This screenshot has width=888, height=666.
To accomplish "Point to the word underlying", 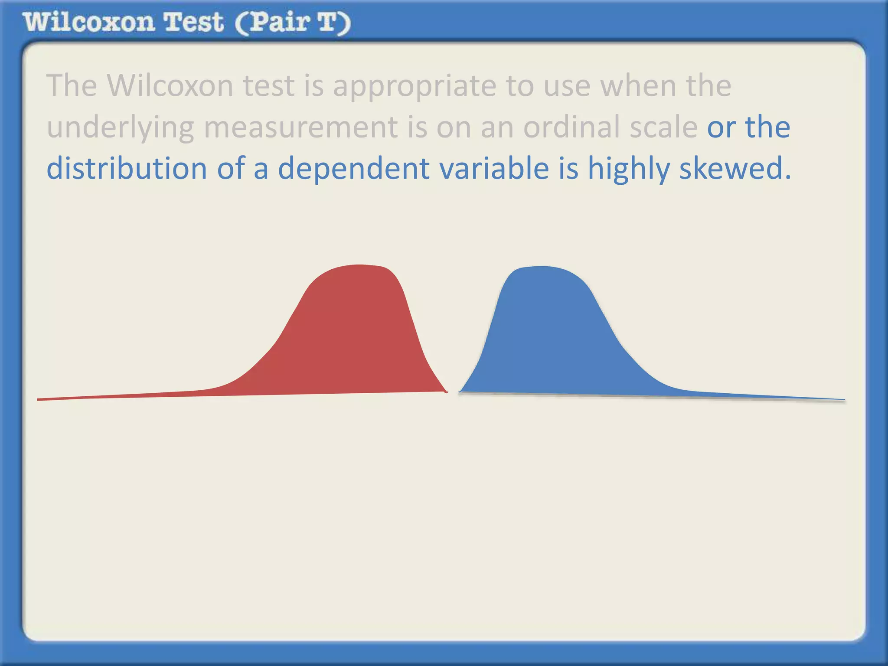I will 120,128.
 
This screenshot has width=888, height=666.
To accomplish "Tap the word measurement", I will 300,127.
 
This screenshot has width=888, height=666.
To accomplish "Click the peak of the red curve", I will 359,265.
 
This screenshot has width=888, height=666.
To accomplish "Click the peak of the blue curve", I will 541,267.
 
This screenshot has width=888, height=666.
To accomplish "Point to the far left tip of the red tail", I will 39,399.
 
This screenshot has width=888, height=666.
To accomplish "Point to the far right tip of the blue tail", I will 843,400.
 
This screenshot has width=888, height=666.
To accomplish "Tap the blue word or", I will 721,128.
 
